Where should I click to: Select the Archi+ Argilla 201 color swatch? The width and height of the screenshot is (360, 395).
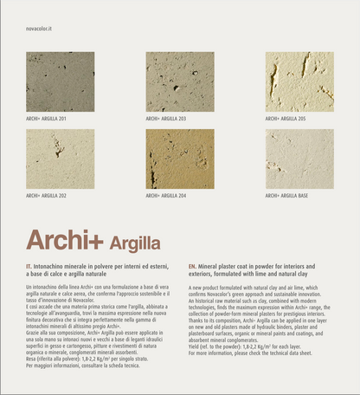tap(61, 81)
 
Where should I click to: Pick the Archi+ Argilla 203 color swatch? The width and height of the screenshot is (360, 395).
tap(180, 81)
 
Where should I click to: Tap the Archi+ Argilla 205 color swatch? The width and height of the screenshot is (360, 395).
tap(299, 81)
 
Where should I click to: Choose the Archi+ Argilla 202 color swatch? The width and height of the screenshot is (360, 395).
tap(61, 159)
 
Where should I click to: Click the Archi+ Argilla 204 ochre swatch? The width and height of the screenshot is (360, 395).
tap(180, 159)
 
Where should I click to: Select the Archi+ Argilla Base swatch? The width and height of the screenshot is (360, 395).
tap(299, 159)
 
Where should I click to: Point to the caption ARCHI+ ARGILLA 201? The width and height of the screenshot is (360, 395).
tap(46, 119)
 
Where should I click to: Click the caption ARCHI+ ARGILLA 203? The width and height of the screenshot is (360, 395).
tap(166, 119)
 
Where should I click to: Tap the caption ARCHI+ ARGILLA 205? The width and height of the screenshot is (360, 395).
tap(286, 119)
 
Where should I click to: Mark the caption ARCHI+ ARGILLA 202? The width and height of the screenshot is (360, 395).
tap(46, 196)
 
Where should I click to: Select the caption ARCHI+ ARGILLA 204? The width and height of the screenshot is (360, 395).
tap(166, 196)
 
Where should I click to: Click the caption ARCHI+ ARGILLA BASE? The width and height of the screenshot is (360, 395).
tap(286, 196)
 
